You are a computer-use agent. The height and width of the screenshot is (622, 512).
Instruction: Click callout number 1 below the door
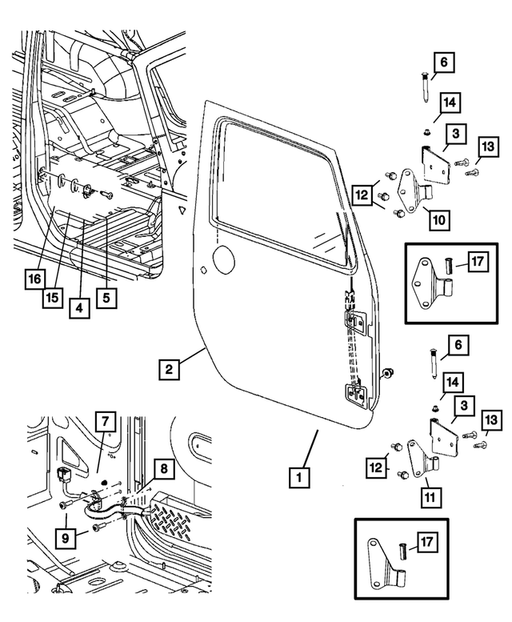click(x=298, y=479)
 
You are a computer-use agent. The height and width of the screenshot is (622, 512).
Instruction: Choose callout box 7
click(x=105, y=420)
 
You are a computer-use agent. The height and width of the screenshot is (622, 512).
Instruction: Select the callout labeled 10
click(x=438, y=218)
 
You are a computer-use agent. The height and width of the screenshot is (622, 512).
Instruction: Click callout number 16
click(x=33, y=279)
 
